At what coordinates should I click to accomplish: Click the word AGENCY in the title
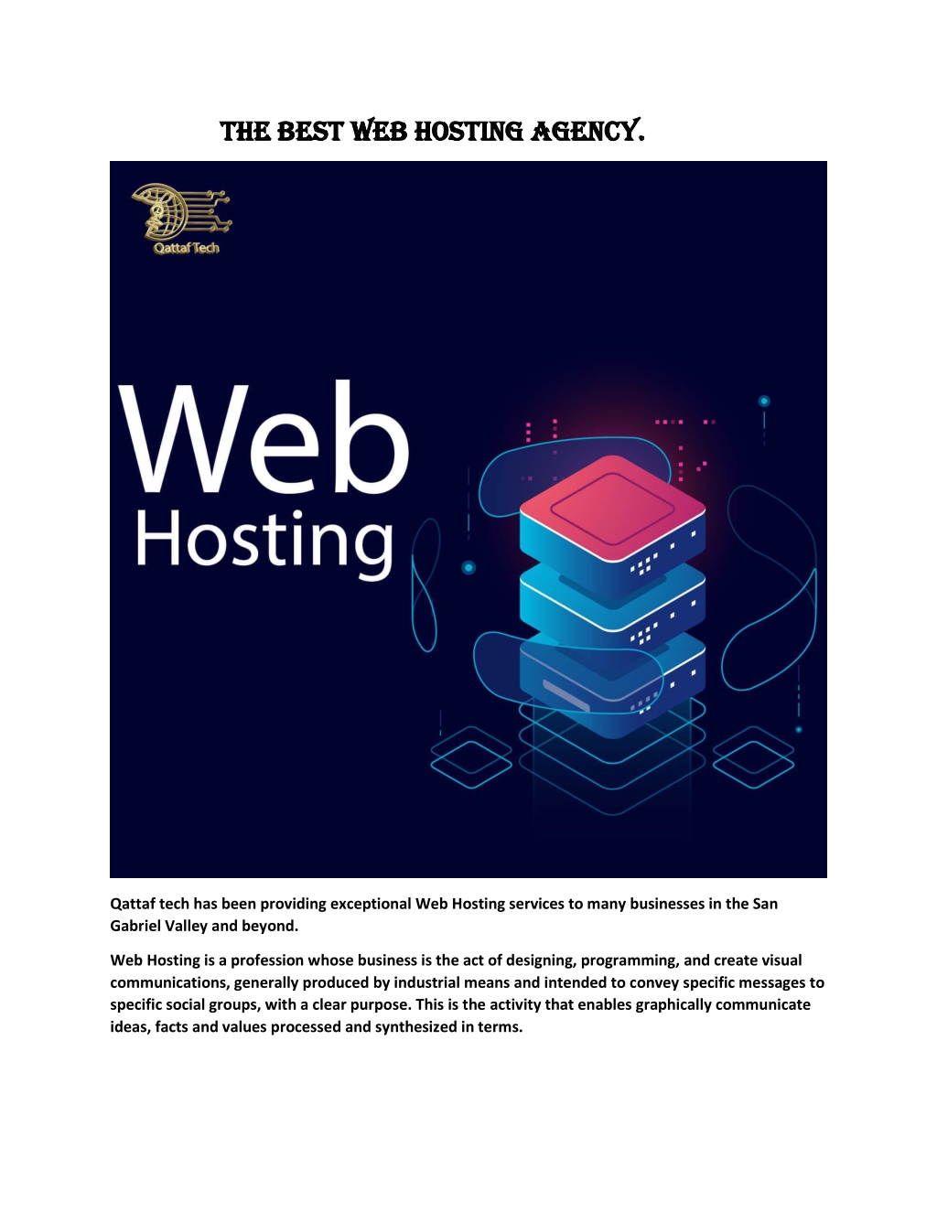(587, 132)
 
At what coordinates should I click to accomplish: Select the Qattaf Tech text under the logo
(187, 248)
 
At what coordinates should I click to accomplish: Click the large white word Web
(264, 438)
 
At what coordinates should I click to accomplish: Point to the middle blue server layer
(612, 606)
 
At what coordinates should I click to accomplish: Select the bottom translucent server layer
(612, 683)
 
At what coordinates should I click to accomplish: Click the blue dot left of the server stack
(468, 568)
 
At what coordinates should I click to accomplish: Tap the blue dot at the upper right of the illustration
(764, 401)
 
